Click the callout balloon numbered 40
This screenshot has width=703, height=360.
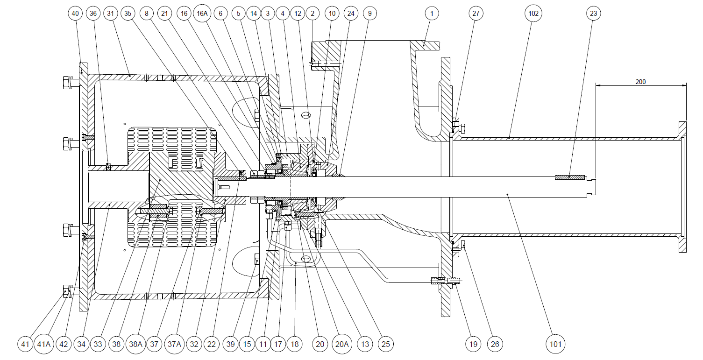pyautogui.click(x=75, y=14)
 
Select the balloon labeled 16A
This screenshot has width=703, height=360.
pyautogui.click(x=202, y=14)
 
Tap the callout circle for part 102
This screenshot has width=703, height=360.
pyautogui.click(x=533, y=14)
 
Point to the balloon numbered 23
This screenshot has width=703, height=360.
pyautogui.click(x=594, y=14)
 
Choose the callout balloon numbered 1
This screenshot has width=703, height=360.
pyautogui.click(x=432, y=14)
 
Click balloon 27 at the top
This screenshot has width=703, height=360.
pyautogui.click(x=476, y=14)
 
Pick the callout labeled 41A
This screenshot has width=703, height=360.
pyautogui.click(x=44, y=344)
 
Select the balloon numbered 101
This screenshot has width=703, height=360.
pyautogui.click(x=555, y=344)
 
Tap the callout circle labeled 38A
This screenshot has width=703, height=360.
pyautogui.click(x=135, y=344)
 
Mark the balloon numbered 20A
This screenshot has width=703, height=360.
pyautogui.click(x=342, y=344)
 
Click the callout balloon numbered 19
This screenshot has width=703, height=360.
pyautogui.click(x=473, y=344)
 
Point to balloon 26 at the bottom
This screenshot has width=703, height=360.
pyautogui.click(x=495, y=344)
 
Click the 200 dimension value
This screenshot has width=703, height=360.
pyautogui.click(x=640, y=82)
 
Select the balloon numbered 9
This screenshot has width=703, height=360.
pyautogui.click(x=370, y=14)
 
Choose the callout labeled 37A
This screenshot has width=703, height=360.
pyautogui.click(x=174, y=344)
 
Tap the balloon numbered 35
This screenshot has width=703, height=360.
pyautogui.click(x=128, y=14)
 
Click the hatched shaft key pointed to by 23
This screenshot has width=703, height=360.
pyautogui.click(x=569, y=177)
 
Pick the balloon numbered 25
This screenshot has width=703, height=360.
pyautogui.click(x=386, y=344)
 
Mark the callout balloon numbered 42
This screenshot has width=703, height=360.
pyautogui.click(x=64, y=344)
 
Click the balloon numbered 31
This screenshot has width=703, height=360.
pyautogui.click(x=110, y=14)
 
